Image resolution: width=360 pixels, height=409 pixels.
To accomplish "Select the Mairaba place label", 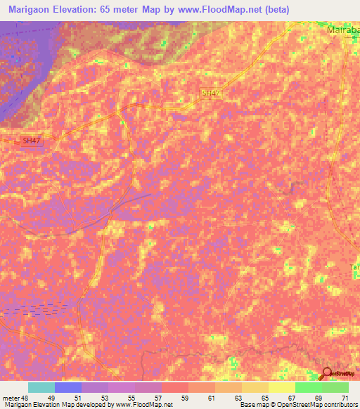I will tap(343, 31).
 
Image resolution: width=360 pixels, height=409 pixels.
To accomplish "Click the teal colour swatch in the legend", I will tap(41, 387).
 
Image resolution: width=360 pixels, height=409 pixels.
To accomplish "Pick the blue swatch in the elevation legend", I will tap(68, 387).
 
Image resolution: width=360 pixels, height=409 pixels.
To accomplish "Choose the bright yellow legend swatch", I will tap(282, 387).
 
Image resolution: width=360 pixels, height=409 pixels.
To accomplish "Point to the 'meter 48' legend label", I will tap(16, 397).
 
